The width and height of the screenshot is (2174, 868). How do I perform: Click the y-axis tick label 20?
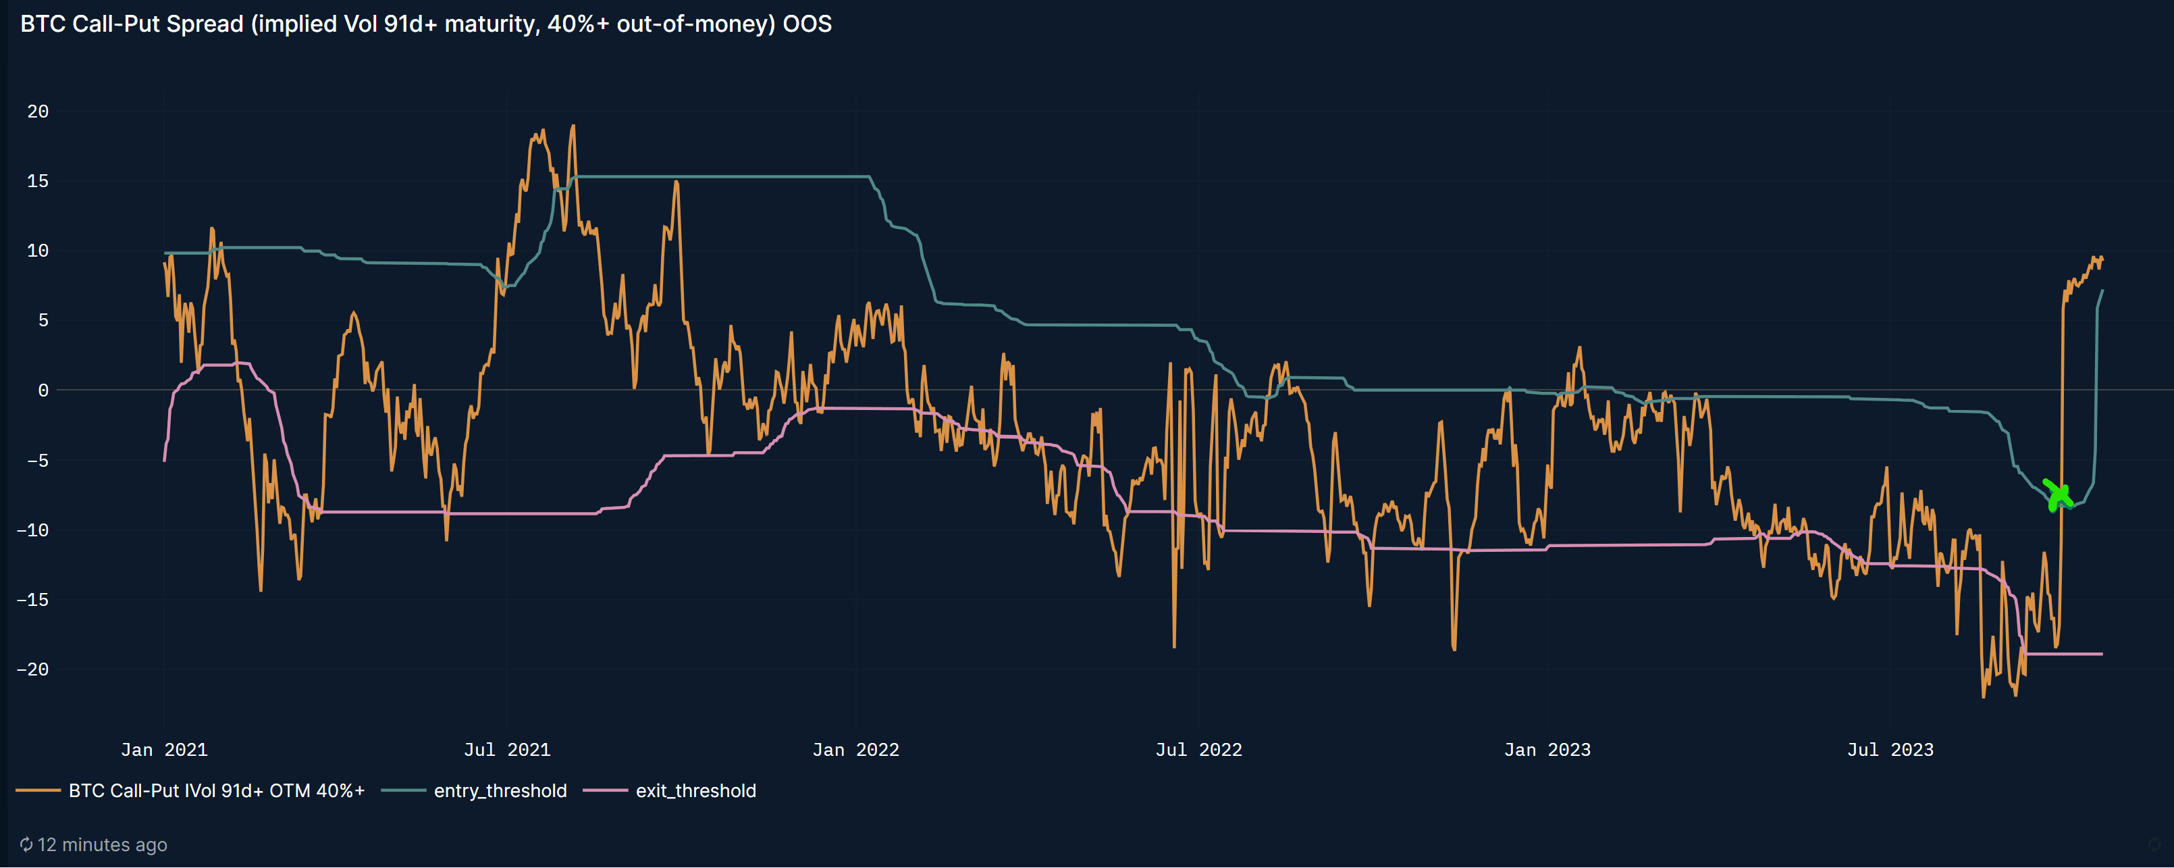click(38, 111)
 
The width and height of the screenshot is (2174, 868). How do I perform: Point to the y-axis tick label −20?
click(33, 669)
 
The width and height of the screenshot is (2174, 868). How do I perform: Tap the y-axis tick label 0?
click(43, 390)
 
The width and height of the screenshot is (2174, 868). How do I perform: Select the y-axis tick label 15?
click(38, 182)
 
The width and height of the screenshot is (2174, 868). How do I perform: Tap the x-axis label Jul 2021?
click(507, 750)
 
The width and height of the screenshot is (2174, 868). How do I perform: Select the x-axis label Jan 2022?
click(856, 750)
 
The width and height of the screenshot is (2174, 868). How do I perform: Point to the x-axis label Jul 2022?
click(1198, 750)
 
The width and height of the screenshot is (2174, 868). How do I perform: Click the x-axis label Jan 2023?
click(1547, 750)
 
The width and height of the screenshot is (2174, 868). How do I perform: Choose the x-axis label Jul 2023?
click(1890, 750)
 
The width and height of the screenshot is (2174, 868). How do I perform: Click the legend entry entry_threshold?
click(500, 791)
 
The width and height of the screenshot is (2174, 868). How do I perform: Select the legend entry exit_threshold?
click(695, 791)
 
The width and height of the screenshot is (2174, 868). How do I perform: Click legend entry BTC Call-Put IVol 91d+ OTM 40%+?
click(216, 791)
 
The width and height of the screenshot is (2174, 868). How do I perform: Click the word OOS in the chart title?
click(807, 24)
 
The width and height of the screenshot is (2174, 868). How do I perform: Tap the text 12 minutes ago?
click(102, 845)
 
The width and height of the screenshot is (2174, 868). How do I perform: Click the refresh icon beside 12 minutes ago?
click(26, 845)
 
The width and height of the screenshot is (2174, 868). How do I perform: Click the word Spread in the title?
click(205, 24)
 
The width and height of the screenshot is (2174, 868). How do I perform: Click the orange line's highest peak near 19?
click(573, 127)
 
